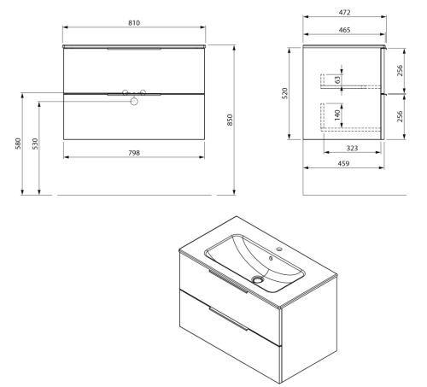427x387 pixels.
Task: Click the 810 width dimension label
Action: point(134,23)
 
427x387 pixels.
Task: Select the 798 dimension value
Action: point(134,153)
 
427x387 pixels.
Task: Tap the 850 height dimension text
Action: point(230,120)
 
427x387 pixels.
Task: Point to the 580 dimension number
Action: point(18,144)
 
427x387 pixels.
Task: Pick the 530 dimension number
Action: point(35,144)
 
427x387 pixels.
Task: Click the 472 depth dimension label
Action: point(344,13)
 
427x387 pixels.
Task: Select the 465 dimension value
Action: point(344,30)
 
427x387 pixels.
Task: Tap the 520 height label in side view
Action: point(284,93)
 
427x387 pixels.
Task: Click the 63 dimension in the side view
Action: point(337,79)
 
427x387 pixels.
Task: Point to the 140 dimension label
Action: point(337,114)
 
